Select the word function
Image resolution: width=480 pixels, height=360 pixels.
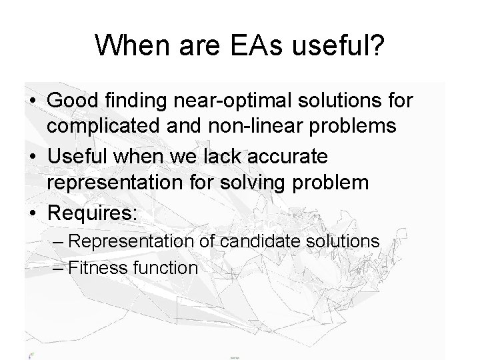tap(165, 268)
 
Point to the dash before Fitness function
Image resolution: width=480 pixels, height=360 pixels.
tap(59, 268)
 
